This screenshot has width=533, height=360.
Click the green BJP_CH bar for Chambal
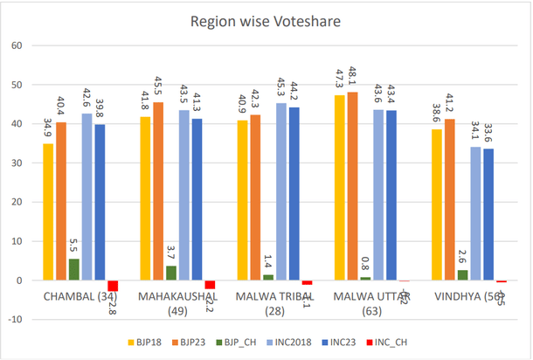tap(73, 269)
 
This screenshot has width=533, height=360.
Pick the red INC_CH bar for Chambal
tap(113, 286)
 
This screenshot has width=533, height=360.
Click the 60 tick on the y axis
tap(15, 45)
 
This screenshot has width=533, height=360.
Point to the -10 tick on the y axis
tap(13, 320)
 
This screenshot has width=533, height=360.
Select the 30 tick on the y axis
tap(15, 163)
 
